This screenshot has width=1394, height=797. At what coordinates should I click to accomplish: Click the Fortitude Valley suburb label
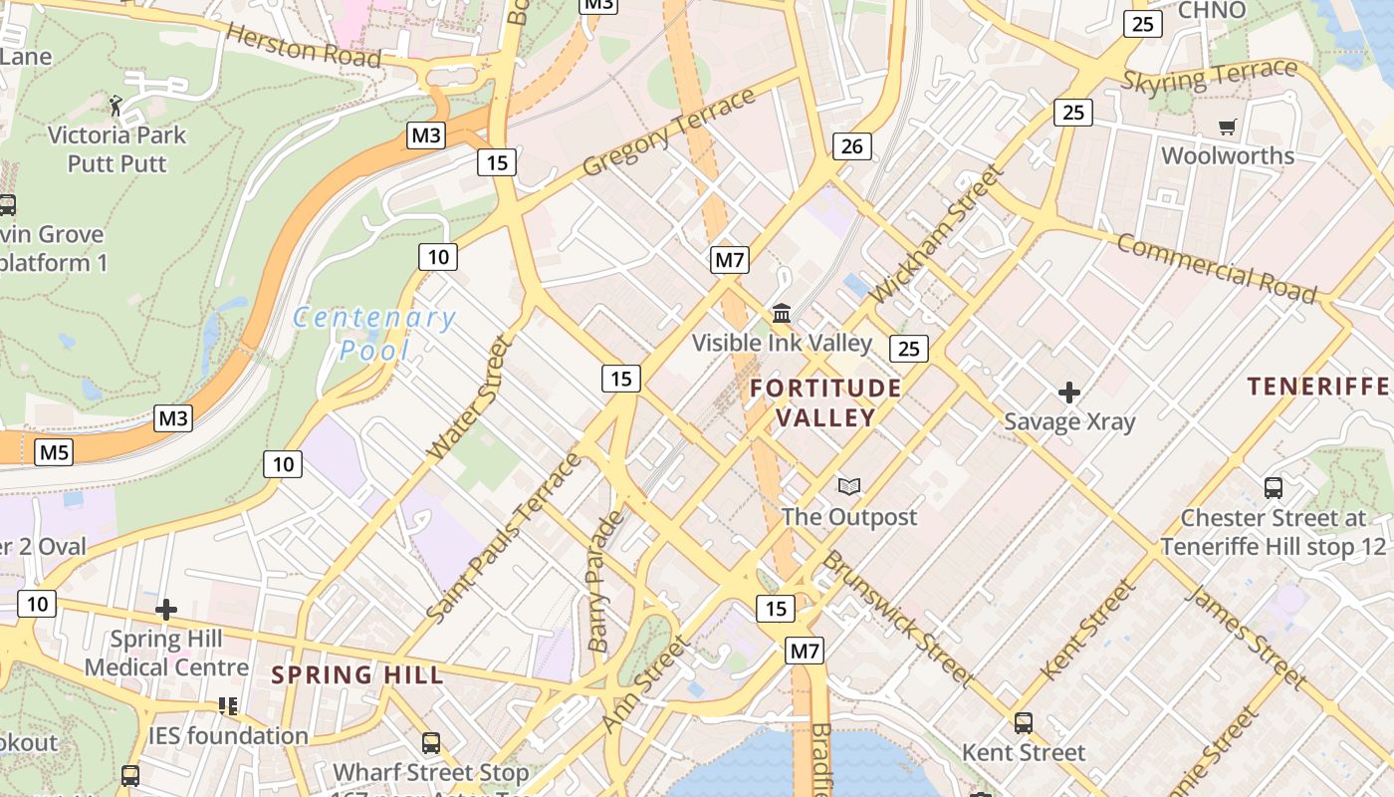pos(825,402)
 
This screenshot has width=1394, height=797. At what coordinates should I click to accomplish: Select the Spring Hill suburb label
pos(357,674)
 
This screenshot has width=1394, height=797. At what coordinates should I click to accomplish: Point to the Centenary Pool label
pos(374,334)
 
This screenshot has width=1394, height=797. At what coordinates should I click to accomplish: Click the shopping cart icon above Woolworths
pos(1227,128)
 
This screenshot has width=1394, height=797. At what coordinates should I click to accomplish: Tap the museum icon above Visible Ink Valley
pos(782,314)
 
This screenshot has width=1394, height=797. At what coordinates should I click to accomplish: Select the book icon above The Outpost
pos(848,486)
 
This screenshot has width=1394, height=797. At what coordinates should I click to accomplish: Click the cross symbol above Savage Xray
pos(1069,393)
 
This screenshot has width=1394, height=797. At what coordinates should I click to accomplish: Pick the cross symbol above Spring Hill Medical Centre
pos(166,609)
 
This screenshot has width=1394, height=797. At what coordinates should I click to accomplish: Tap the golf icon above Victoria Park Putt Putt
pos(116,105)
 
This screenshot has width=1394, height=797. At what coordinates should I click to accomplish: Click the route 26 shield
pos(852,147)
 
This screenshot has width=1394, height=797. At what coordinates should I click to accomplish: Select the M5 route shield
pos(54,453)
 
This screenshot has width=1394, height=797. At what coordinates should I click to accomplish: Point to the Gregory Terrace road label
pos(669,133)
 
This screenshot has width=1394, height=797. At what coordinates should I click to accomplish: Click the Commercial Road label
pos(1216,268)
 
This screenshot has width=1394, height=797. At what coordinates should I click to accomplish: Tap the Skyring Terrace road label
pos(1210,76)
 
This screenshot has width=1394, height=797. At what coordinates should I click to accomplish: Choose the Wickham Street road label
pos(937,234)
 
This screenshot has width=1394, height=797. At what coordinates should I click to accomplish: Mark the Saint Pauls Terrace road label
pos(504,538)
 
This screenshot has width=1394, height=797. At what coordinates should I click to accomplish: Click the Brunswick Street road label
pos(897,618)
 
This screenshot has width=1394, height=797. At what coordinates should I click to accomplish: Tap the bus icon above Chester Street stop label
pos(1273,488)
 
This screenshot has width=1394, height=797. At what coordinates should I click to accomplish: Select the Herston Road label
pos(304,46)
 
